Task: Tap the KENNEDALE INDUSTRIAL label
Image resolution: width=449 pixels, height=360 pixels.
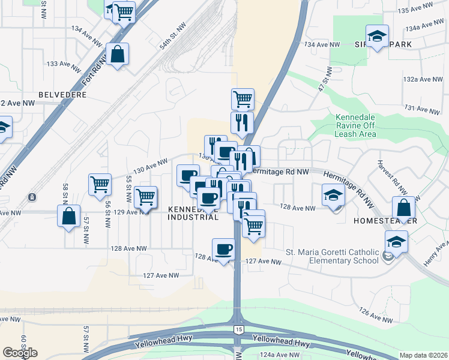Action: click(193, 213)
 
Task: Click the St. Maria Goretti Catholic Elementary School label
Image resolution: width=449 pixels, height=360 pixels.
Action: click(332, 256)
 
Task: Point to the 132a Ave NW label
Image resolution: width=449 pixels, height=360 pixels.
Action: click(423, 79)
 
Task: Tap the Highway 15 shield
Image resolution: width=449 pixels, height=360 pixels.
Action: click(239, 330)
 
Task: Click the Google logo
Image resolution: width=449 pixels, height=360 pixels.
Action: click(20, 353)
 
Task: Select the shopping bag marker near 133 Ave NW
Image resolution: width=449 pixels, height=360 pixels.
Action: click(118, 55)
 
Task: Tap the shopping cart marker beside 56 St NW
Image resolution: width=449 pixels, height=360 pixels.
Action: click(100, 185)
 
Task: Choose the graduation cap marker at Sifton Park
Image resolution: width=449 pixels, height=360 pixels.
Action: click(377, 37)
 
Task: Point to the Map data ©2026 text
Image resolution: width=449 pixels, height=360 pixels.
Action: click(424, 355)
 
